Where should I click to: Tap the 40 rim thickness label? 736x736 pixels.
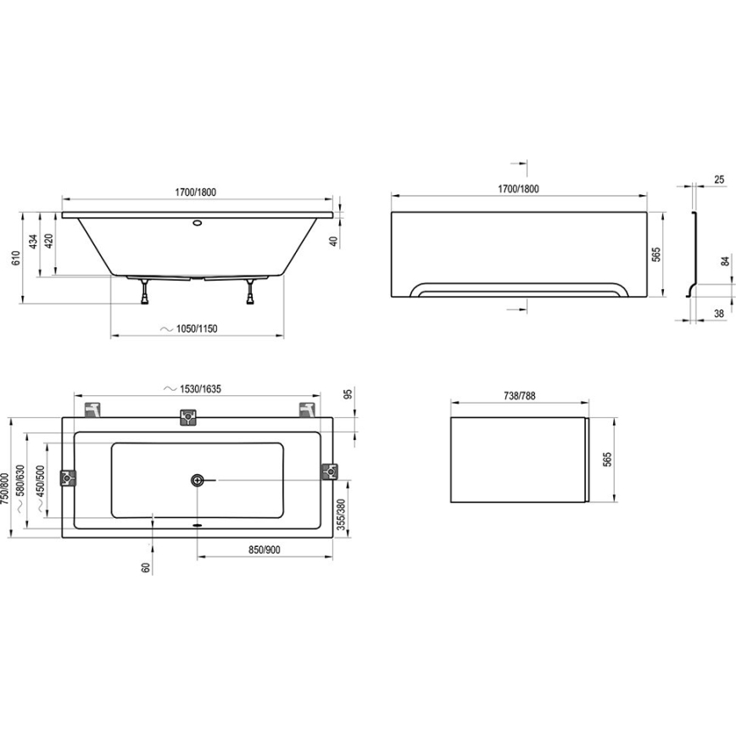click(x=334, y=242)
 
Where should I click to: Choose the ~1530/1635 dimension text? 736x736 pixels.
click(x=197, y=388)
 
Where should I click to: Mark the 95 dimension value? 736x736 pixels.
click(x=347, y=395)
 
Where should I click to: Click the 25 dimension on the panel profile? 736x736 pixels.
click(x=719, y=180)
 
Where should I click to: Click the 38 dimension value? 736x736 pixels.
click(x=719, y=314)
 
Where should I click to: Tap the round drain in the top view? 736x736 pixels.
click(x=197, y=481)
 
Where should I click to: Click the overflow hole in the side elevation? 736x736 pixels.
click(x=197, y=225)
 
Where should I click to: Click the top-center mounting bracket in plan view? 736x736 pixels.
click(x=187, y=417)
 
